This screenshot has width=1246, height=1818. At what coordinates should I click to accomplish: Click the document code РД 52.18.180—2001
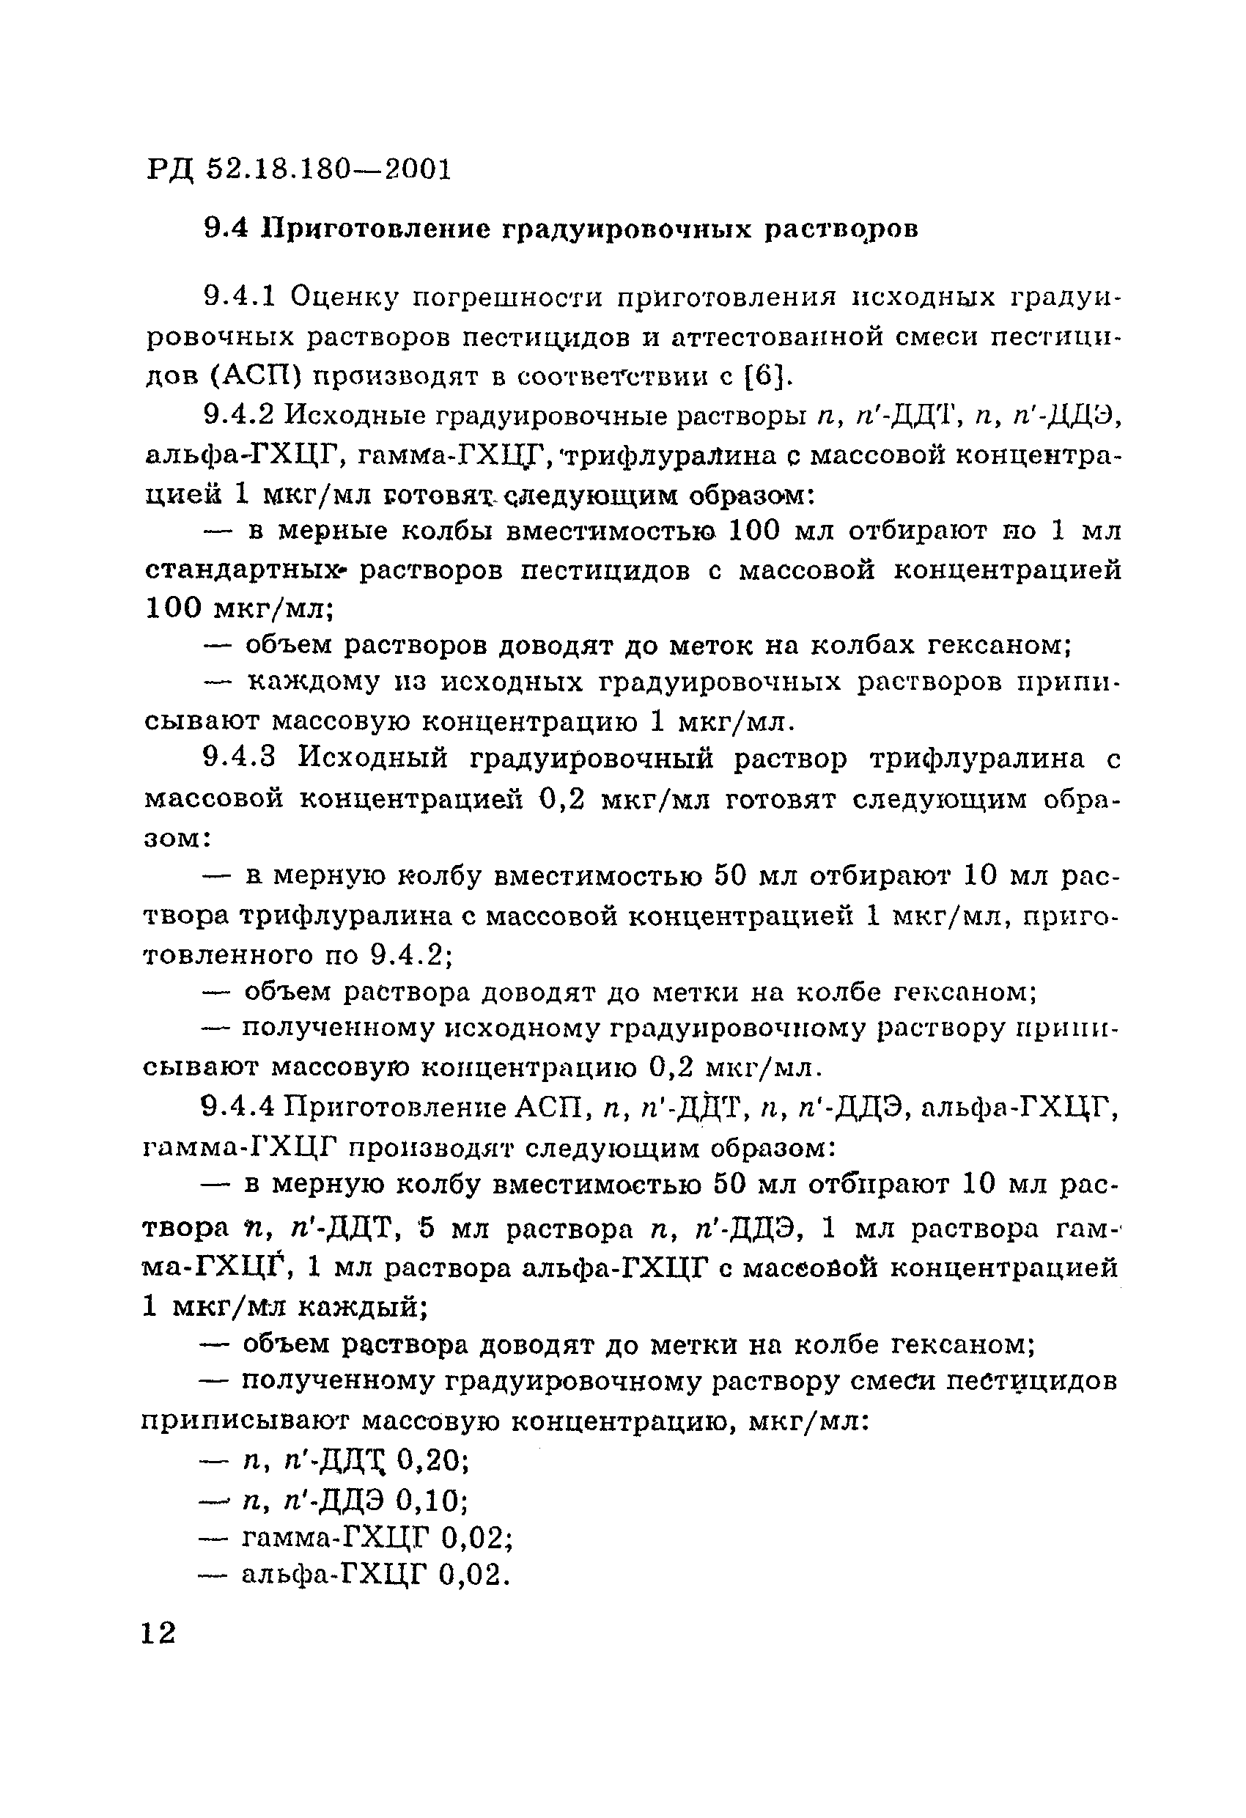[300, 169]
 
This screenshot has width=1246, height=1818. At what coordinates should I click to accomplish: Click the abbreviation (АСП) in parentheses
[256, 377]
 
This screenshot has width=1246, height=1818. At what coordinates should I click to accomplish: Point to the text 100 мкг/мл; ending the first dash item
[240, 608]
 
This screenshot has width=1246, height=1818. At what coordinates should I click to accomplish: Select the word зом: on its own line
[177, 839]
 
